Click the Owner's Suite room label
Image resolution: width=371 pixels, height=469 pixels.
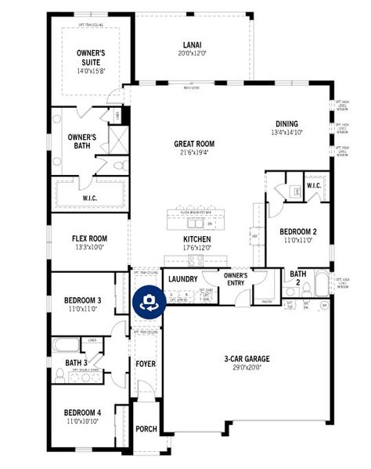tap(90, 57)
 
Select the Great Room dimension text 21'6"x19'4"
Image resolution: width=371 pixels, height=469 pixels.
tap(193, 153)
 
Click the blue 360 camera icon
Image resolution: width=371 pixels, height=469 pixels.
tap(148, 304)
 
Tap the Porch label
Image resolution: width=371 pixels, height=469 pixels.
tap(146, 428)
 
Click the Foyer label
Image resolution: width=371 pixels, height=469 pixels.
tap(146, 364)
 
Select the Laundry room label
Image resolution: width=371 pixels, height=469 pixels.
tap(183, 278)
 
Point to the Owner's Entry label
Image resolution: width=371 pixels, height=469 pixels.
tap(236, 279)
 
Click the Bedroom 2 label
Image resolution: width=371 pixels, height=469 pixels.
tap(298, 231)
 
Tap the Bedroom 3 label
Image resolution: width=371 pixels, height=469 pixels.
tap(82, 300)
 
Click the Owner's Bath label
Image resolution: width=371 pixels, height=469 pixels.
tap(81, 141)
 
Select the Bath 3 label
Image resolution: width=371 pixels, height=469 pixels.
tap(75, 363)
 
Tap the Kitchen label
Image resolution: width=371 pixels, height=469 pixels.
tap(196, 239)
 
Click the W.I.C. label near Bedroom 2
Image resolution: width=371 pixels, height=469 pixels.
tap(313, 185)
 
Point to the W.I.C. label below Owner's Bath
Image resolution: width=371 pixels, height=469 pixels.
tap(90, 199)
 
